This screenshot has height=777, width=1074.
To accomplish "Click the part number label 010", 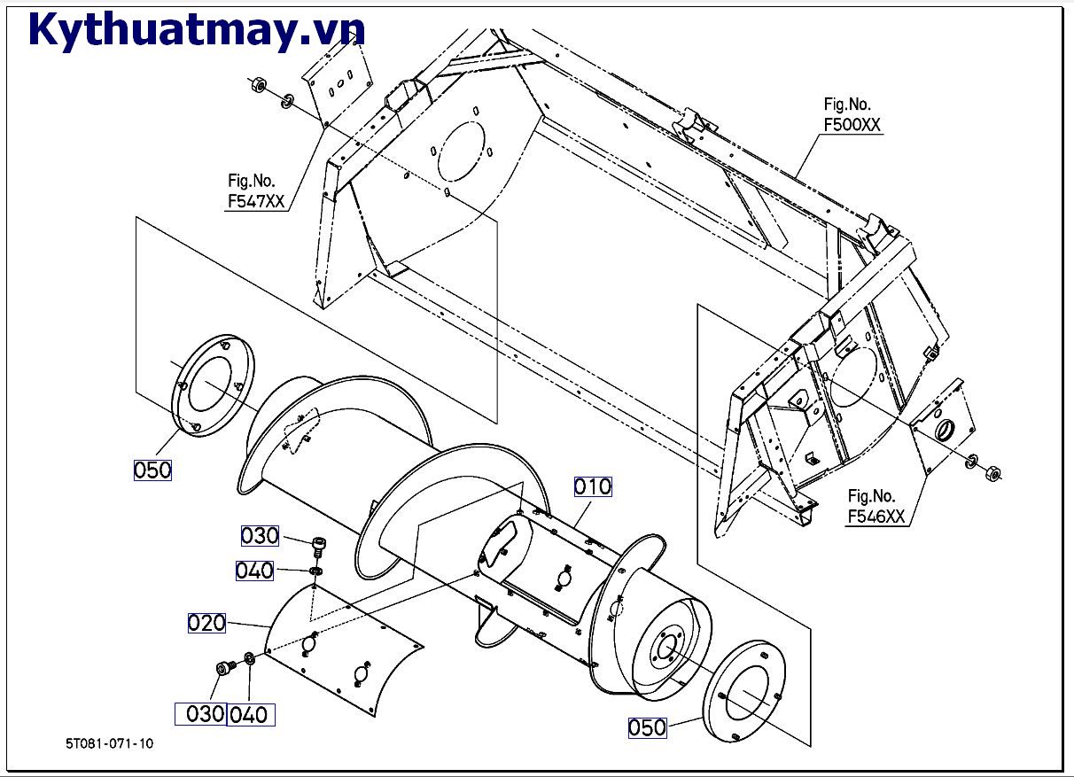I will [x=593, y=486].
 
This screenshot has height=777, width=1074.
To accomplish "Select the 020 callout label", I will [x=206, y=623].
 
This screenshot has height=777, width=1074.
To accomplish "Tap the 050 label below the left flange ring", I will [x=152, y=470].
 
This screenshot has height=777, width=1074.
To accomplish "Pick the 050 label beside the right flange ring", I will [x=647, y=727].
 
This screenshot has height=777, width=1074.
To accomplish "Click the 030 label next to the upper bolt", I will [x=261, y=536].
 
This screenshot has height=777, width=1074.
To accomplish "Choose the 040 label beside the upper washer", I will [x=254, y=571].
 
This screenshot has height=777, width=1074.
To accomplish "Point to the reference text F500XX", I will [x=852, y=125].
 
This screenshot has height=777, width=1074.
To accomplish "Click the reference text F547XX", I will [x=256, y=201].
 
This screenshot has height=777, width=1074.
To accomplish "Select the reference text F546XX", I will [x=876, y=517].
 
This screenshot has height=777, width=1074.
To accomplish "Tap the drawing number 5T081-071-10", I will [x=109, y=743].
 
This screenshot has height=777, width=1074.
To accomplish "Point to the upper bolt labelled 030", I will [x=319, y=544].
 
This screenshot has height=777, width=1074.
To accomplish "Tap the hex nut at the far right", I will [x=993, y=471].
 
